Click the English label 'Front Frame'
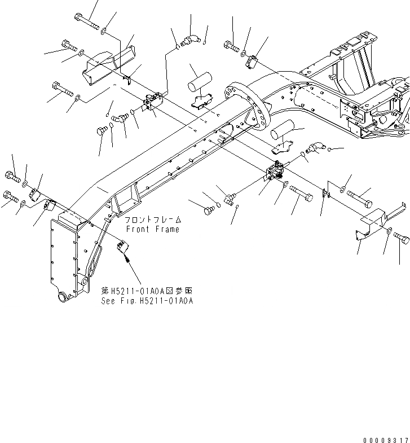tap(152, 229)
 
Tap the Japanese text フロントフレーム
tap(152, 220)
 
